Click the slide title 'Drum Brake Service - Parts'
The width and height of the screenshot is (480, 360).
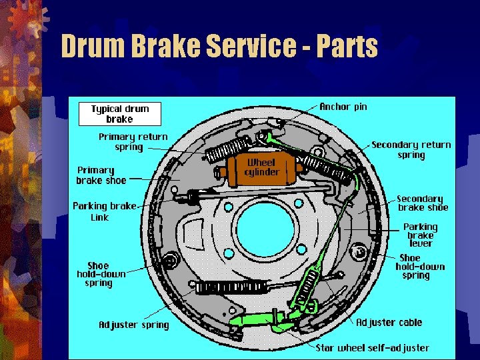219,47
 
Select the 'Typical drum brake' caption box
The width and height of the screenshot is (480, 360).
120,114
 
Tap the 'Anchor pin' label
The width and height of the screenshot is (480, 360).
343,107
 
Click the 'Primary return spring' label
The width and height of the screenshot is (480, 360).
133,141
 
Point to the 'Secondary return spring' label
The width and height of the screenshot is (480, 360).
411,149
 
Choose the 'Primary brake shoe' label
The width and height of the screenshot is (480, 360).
101,175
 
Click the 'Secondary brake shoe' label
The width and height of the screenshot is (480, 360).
422,203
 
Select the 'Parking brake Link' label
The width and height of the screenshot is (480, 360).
103,211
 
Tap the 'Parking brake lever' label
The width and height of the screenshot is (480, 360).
420,235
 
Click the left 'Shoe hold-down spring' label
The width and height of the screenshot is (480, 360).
101,274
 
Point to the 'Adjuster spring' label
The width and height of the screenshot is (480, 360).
134,325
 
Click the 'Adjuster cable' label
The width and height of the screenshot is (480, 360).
389,322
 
